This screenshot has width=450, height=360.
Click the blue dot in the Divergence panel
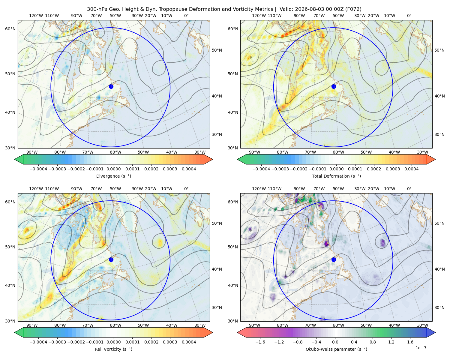(x=111, y=86)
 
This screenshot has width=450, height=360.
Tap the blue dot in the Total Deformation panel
(x=334, y=86)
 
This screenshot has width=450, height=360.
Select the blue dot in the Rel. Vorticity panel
(x=111, y=259)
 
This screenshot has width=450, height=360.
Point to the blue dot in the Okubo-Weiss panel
(x=334, y=259)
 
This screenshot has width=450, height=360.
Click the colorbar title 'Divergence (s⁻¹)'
(x=113, y=176)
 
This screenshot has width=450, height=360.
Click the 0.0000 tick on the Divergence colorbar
(x=113, y=169)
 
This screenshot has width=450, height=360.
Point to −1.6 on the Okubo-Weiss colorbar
(x=260, y=342)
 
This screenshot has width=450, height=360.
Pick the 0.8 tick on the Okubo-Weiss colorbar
(x=373, y=342)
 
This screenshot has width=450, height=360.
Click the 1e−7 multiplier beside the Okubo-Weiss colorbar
(x=421, y=348)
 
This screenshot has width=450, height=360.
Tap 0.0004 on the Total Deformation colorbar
(x=411, y=169)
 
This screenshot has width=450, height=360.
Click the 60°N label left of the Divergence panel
(x=10, y=29)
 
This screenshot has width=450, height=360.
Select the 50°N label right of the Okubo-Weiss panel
(x=439, y=223)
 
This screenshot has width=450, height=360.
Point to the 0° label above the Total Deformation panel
(x=409, y=16)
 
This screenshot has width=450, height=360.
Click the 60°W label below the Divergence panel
(x=115, y=152)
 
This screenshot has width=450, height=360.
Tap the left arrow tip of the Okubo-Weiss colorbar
(x=237, y=332)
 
